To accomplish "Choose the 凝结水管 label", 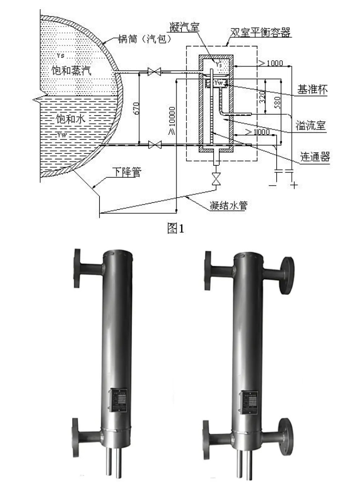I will pyautogui.click(x=228, y=205).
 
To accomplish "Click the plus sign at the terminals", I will pyautogui.click(x=295, y=186).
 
